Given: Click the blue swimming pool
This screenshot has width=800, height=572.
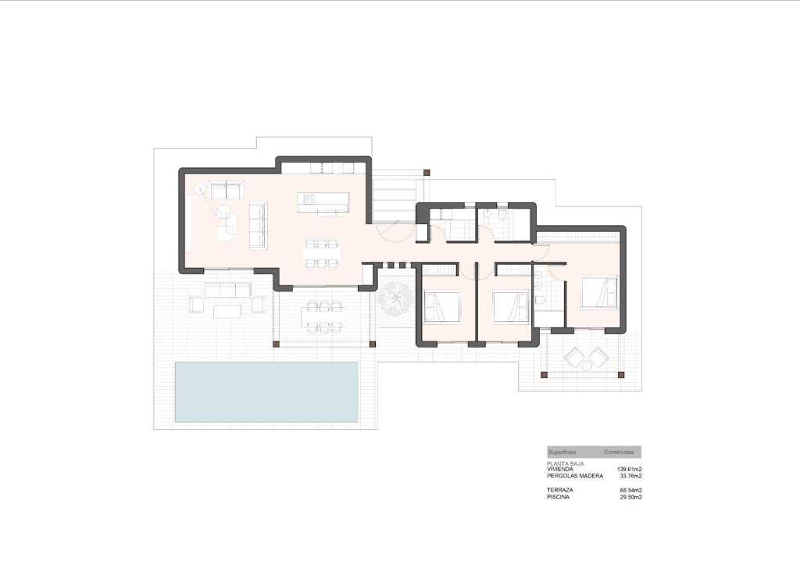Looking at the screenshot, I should point(266,391).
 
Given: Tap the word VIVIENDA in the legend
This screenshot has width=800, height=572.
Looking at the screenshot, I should point(560,469).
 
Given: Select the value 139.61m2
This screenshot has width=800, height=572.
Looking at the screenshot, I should point(629,469).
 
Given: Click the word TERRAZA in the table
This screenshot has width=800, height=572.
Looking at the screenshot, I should point(560,490).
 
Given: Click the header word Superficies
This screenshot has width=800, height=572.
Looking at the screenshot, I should point(562,452).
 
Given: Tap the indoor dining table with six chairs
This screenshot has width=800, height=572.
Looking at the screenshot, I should point(322,252).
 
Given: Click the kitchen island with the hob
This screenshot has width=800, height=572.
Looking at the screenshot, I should point(323,202).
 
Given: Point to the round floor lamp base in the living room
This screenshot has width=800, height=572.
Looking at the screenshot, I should point(199,188).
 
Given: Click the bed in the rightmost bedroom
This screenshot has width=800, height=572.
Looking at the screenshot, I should point(599,292).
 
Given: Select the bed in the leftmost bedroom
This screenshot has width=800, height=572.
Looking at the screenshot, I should point(442,306).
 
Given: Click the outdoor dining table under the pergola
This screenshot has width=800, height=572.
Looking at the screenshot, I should point(323,316).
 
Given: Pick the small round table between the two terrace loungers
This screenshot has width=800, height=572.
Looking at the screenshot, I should point(586,359).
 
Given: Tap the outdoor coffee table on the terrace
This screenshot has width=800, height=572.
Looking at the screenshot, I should point(227,311).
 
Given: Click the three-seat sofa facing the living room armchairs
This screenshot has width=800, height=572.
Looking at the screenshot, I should point(258,225).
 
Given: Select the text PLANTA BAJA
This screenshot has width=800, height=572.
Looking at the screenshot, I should point(564,463).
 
